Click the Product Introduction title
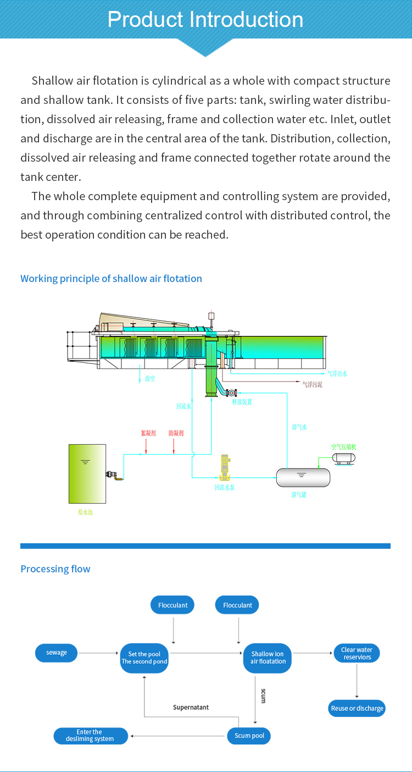coord(205,20)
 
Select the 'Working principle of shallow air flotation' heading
coord(111,279)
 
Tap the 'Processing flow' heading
coord(55,569)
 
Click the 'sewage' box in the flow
coord(57,653)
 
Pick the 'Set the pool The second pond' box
coord(144,658)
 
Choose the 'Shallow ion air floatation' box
coord(268,658)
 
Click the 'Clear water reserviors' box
coord(357,653)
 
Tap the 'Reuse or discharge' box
coord(357,708)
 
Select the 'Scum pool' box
coord(249,736)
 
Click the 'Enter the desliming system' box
coord(90,736)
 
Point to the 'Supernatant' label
coord(191,707)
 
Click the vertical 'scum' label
coord(263,696)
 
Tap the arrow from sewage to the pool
coord(99,653)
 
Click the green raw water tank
coord(87,473)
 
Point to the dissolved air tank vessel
coord(303,477)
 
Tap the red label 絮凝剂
coord(148,433)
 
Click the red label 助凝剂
coord(176,433)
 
